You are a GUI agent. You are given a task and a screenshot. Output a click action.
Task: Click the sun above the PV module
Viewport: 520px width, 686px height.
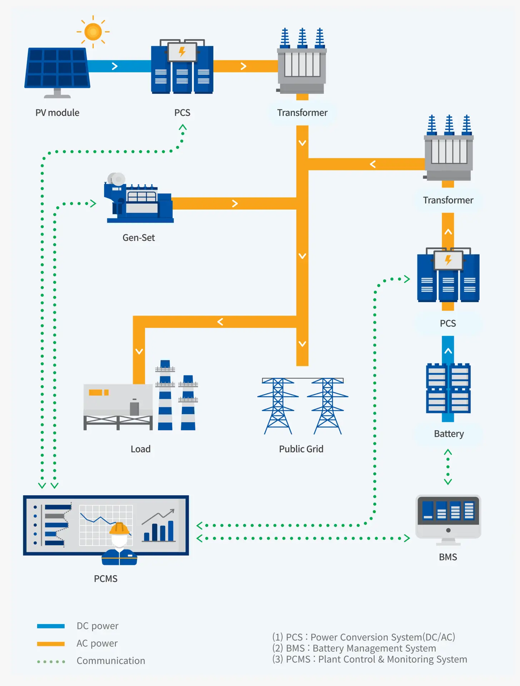(x=93, y=32)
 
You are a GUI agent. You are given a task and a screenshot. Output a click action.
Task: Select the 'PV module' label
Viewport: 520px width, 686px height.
(x=57, y=113)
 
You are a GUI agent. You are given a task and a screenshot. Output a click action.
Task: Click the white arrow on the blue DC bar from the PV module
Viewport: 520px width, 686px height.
(x=115, y=66)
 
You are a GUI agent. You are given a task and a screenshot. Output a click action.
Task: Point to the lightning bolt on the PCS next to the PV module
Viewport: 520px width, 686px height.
(x=182, y=52)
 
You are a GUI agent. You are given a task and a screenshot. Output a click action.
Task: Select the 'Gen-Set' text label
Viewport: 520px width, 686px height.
(x=139, y=238)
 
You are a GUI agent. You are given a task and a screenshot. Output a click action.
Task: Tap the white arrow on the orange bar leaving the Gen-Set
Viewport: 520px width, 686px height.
(x=235, y=203)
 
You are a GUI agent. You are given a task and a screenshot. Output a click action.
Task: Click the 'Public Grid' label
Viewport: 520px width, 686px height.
(x=301, y=449)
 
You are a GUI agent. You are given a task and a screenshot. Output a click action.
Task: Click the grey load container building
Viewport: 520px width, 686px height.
(x=118, y=406)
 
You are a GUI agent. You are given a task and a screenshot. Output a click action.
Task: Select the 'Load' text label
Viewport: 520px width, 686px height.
(x=140, y=449)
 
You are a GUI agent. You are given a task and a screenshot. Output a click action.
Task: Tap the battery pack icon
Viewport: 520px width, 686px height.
(x=448, y=388)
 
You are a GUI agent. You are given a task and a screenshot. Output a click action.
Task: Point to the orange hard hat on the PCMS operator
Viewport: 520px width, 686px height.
(x=119, y=528)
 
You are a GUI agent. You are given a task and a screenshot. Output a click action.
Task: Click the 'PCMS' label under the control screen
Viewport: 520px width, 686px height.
(x=105, y=578)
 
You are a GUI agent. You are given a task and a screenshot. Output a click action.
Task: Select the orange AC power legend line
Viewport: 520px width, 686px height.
(x=51, y=643)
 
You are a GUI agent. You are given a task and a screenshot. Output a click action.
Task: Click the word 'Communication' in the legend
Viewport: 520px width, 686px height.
(x=111, y=661)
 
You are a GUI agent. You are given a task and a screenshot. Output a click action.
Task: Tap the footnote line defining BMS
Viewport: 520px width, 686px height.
(x=354, y=648)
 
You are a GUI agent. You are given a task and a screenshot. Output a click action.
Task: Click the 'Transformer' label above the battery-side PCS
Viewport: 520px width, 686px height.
(x=448, y=200)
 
